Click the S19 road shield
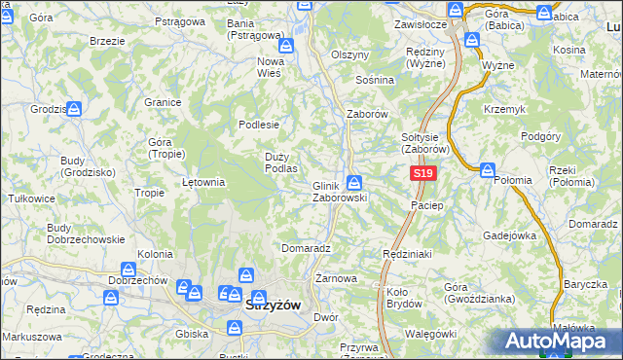tap(421, 173)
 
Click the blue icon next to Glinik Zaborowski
tap(355, 182)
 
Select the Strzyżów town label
tap(277, 304)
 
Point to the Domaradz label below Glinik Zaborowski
tap(307, 248)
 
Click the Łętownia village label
tap(204, 181)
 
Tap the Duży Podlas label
tap(281, 162)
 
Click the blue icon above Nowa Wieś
tap(285, 46)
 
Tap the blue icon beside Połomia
tap(488, 170)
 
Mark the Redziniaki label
tap(408, 252)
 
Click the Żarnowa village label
tap(336, 278)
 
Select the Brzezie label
tap(106, 42)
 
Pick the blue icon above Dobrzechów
tap(128, 270)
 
